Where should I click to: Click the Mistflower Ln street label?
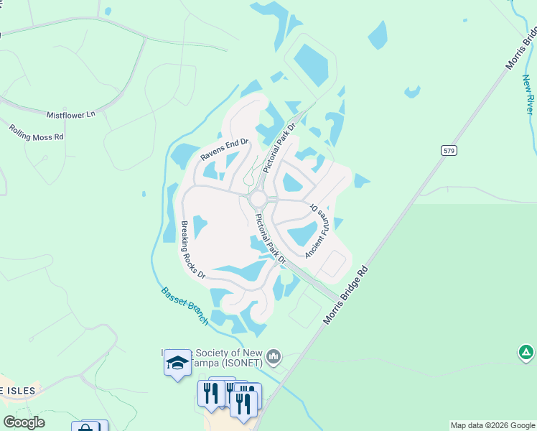[x=71, y=114]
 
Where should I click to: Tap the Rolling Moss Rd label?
[x=37, y=132]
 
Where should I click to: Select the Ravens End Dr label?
[x=224, y=148]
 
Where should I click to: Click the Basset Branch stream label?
[x=185, y=306]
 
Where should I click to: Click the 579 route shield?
[x=448, y=151]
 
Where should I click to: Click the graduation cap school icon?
[x=177, y=363]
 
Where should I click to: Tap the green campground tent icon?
[x=526, y=353]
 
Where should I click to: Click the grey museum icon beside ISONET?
[x=274, y=356]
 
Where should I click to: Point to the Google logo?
[x=24, y=422]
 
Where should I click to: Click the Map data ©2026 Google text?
[x=492, y=425]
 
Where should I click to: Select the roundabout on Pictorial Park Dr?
[x=258, y=198]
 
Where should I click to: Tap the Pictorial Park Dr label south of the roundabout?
[x=271, y=238]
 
